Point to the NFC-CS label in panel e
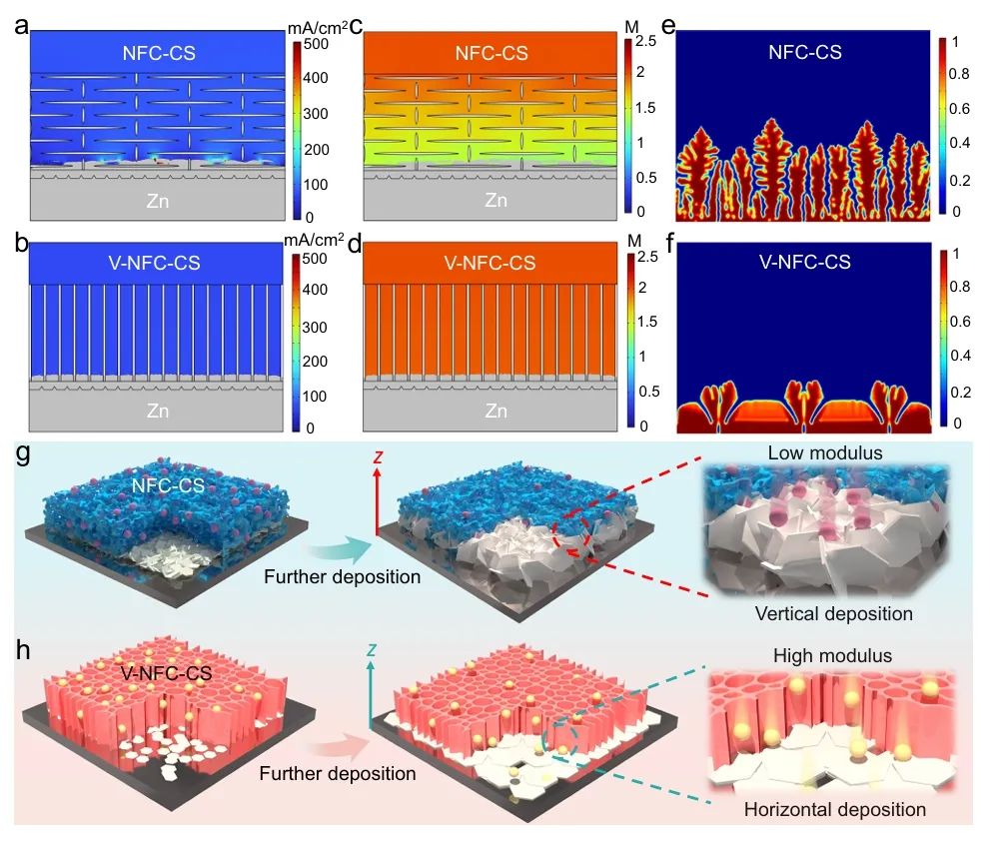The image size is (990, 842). coord(805,52)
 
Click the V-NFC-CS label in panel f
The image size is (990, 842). coord(805,264)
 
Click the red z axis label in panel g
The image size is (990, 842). coord(376,457)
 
